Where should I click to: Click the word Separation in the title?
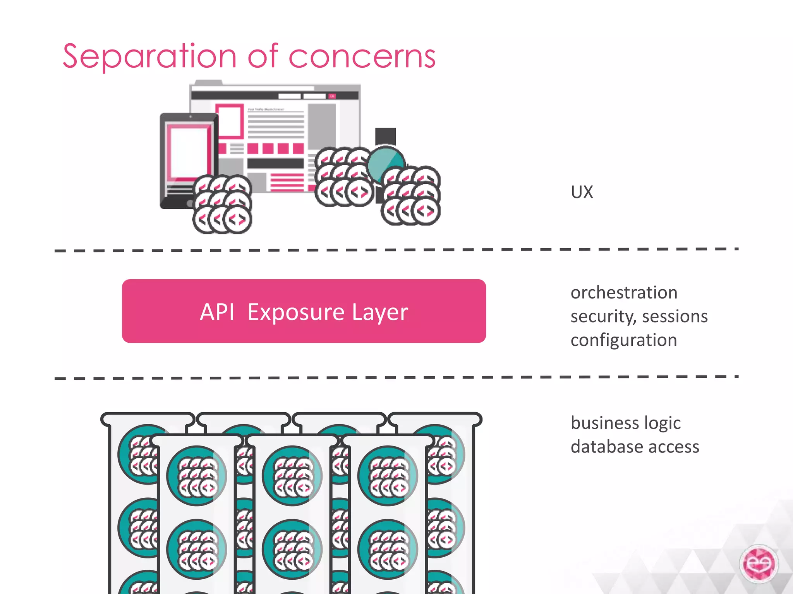[149, 57]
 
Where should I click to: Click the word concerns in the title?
[362, 57]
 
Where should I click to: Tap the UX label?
[582, 192]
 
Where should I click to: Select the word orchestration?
[624, 293]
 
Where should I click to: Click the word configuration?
[624, 340]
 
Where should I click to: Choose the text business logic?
[625, 423]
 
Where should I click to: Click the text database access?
[635, 447]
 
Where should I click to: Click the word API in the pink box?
[217, 312]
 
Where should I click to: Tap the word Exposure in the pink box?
[296, 312]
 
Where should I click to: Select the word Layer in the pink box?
[380, 312]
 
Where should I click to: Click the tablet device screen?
[189, 152]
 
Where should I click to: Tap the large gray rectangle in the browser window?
[321, 126]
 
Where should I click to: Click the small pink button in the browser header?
[332, 96]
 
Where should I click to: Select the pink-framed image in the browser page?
[230, 120]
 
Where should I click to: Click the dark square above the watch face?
[385, 136]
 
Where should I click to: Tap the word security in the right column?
[602, 316]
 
